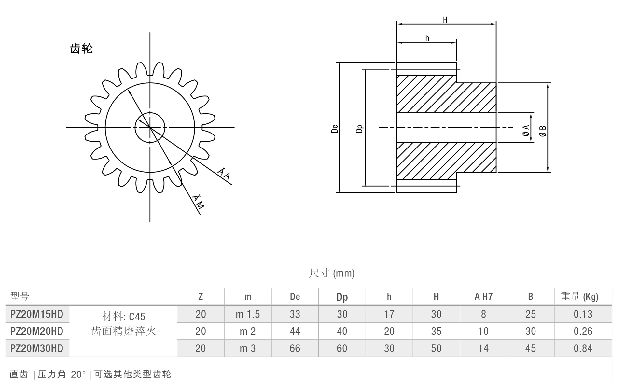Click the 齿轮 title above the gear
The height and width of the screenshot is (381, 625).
click(x=81, y=49)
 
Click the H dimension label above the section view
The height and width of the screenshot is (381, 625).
click(x=445, y=20)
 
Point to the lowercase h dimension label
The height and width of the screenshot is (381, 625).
click(x=427, y=38)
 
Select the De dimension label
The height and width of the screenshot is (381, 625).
click(x=335, y=129)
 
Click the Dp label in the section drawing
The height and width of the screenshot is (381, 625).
click(x=359, y=129)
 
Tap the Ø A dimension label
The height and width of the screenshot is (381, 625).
click(x=526, y=130)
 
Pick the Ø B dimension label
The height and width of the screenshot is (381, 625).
click(x=543, y=131)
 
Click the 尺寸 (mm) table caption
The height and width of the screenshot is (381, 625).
click(x=331, y=273)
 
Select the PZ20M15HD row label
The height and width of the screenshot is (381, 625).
click(x=37, y=314)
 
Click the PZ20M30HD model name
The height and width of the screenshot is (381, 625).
click(x=37, y=348)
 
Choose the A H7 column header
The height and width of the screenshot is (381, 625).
click(x=483, y=297)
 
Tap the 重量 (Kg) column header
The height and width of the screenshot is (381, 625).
click(x=580, y=297)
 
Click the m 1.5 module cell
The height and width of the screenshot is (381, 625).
click(x=248, y=314)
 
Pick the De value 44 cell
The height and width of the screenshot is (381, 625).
click(x=295, y=331)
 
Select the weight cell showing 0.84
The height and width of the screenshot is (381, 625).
click(x=583, y=348)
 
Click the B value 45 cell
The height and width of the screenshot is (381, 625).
click(x=531, y=348)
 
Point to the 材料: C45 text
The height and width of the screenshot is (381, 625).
click(x=124, y=316)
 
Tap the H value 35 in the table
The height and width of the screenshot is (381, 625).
click(x=436, y=331)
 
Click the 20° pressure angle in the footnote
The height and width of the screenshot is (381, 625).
click(x=78, y=374)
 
